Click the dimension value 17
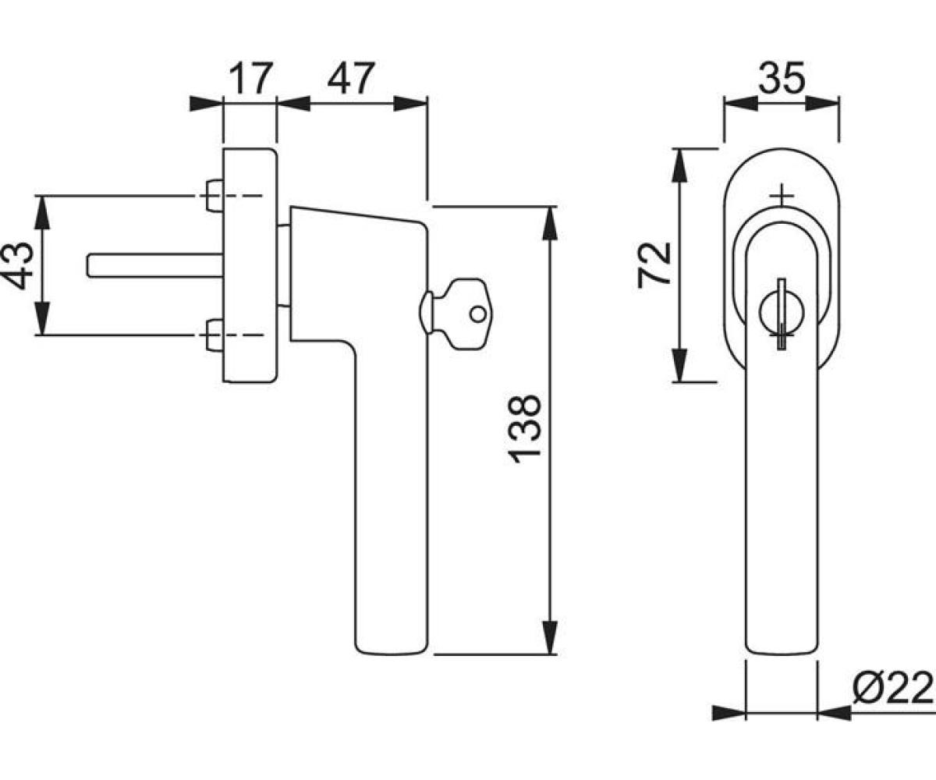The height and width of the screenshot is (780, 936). pyautogui.click(x=251, y=79)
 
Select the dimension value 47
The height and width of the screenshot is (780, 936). pyautogui.click(x=351, y=79)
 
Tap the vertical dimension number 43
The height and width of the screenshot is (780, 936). pyautogui.click(x=19, y=265)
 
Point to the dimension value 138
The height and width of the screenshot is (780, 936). pyautogui.click(x=525, y=429)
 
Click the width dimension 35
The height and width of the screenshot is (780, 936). pyautogui.click(x=782, y=79)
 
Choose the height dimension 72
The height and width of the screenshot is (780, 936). pyautogui.click(x=654, y=265)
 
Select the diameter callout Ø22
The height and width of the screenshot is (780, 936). pyautogui.click(x=893, y=688)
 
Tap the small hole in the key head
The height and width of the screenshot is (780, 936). pyautogui.click(x=478, y=314)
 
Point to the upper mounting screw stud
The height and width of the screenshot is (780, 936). pyautogui.click(x=214, y=196)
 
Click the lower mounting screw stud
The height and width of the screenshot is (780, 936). pyautogui.click(x=214, y=335)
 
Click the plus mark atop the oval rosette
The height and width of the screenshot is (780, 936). pyautogui.click(x=782, y=195)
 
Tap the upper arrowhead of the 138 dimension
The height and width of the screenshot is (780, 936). pyautogui.click(x=550, y=223)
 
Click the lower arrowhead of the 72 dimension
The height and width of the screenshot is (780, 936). pyautogui.click(x=679, y=365)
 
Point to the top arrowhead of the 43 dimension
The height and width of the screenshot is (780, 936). pyautogui.click(x=42, y=212)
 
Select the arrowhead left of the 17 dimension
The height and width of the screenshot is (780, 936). pyautogui.click(x=206, y=104)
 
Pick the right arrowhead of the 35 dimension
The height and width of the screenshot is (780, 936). pyautogui.click(x=822, y=104)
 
